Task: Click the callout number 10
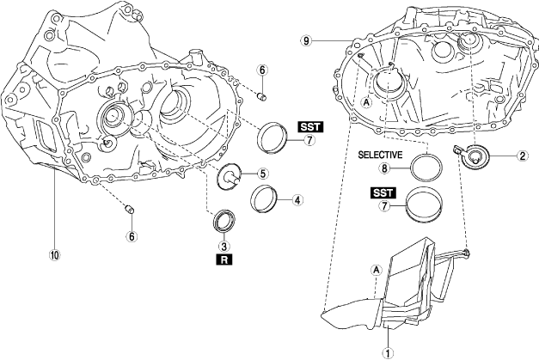coord(55,255)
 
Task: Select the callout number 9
coord(306,41)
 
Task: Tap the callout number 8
coord(384,168)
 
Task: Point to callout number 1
coord(388,353)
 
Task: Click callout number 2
coord(522,156)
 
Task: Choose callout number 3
coord(224,247)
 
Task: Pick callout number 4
coord(297,200)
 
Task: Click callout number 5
coord(263,174)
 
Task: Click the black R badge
coord(224,260)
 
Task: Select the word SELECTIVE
coord(380,155)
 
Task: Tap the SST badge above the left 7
coord(310,127)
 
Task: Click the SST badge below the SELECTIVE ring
coord(383,192)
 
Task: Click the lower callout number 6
coord(132,236)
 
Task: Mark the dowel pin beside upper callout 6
coord(262,97)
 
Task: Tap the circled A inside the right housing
coord(367,102)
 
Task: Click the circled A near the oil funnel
coord(377,271)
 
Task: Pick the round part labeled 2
coord(475,157)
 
